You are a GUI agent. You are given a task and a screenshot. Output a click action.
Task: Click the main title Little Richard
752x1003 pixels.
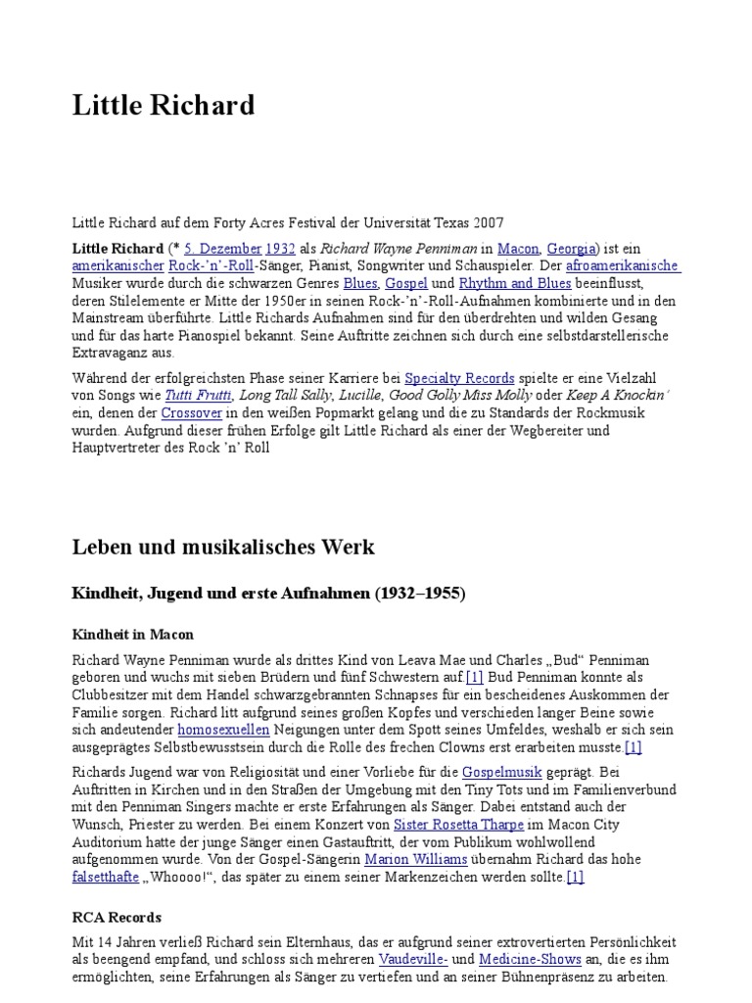pyautogui.click(x=164, y=105)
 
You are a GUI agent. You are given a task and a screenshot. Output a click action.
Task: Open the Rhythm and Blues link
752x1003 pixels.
pyautogui.click(x=501, y=283)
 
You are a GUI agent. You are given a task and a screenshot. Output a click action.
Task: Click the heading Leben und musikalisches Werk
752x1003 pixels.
pyautogui.click(x=223, y=547)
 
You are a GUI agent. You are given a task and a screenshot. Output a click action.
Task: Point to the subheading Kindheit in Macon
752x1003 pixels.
pyautogui.click(x=133, y=634)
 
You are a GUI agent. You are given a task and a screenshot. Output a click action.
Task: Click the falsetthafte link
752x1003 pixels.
pyautogui.click(x=107, y=877)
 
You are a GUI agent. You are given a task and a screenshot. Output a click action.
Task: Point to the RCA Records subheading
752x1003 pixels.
pyautogui.click(x=117, y=918)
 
